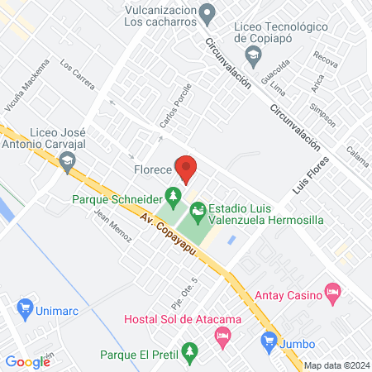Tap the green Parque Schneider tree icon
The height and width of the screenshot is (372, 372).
click(x=173, y=197)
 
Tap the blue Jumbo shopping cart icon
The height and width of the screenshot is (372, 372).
click(x=268, y=339)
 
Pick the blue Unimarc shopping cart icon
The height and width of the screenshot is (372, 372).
click(x=24, y=307)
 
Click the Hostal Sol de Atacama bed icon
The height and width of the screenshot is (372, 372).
click(x=221, y=335)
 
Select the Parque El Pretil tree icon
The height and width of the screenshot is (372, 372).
click(x=190, y=352)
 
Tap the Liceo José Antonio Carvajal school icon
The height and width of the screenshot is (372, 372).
click(x=68, y=164)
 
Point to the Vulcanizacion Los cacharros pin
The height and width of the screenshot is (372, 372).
click(x=210, y=12)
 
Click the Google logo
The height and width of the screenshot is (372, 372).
click(x=27, y=361)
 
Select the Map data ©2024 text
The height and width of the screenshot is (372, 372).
click(x=335, y=365)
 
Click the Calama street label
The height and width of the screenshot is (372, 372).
click(x=357, y=154)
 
